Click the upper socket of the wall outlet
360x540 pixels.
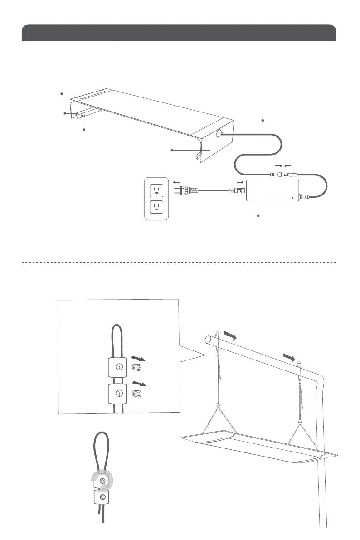(x=156, y=190)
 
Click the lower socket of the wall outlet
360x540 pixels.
(x=156, y=208)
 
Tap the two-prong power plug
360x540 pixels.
(x=184, y=191)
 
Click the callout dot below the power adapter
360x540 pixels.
(x=259, y=216)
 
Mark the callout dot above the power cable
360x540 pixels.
(x=263, y=120)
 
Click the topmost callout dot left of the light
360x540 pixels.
(x=62, y=94)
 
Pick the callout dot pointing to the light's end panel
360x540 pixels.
(x=171, y=150)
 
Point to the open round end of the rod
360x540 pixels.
(x=209, y=339)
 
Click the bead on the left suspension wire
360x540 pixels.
(x=219, y=404)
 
